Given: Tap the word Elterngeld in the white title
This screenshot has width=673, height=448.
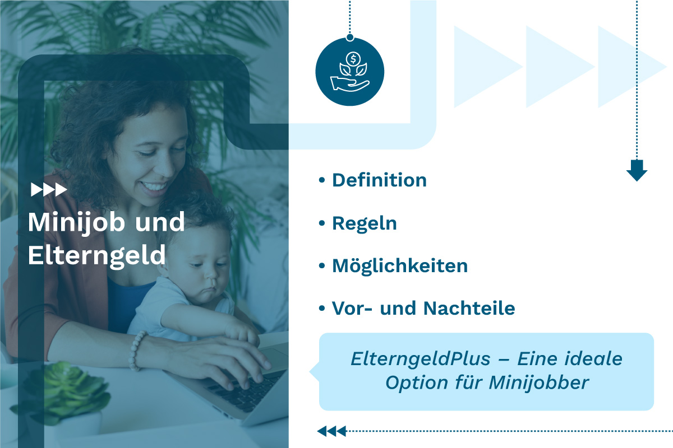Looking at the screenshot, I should pos(97,255).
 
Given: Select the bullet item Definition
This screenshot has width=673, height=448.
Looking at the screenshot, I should pos(379,180).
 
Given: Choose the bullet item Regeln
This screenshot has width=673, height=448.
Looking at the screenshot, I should pos(364,223).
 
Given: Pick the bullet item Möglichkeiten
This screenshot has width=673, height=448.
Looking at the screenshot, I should pos(400,265).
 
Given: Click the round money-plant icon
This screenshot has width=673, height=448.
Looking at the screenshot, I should pos(350,72).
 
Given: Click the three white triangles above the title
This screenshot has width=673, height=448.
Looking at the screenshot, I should pos(49,190).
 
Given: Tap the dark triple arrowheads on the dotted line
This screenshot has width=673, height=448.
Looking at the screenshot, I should pos(331,431).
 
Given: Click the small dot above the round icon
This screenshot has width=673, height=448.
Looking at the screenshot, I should pos(350,38).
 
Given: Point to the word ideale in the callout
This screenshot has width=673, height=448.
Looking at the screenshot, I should pos(595,358).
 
